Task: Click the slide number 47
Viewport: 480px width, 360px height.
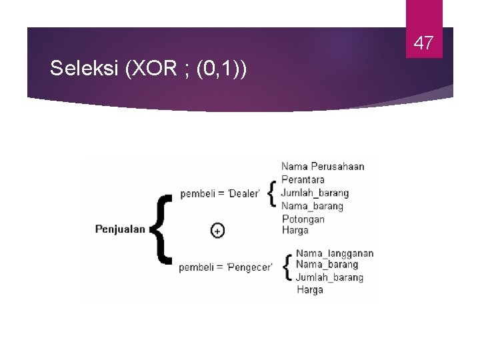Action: (x=424, y=44)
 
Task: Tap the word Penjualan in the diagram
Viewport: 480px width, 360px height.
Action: (x=120, y=229)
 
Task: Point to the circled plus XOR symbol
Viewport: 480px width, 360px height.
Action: (x=217, y=231)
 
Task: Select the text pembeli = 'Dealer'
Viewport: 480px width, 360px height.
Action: (x=219, y=194)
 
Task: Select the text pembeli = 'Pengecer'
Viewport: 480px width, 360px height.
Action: (x=225, y=267)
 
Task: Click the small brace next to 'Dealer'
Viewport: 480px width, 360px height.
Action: (x=271, y=193)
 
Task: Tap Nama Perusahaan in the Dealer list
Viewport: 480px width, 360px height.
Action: (x=323, y=167)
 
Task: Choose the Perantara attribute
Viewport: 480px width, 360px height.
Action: (x=303, y=180)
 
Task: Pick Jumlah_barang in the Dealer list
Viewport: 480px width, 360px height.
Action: (x=315, y=193)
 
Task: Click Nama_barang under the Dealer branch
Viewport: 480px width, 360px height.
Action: (x=312, y=206)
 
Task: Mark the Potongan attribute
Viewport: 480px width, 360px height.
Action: (x=303, y=219)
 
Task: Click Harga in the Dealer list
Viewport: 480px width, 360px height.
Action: (x=295, y=231)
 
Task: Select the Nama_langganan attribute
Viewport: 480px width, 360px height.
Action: (x=335, y=253)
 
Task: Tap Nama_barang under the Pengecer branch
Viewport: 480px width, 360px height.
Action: (x=327, y=265)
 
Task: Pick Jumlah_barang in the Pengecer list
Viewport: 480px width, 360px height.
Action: (x=329, y=277)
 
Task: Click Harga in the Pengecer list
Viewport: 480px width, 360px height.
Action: (x=309, y=290)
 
